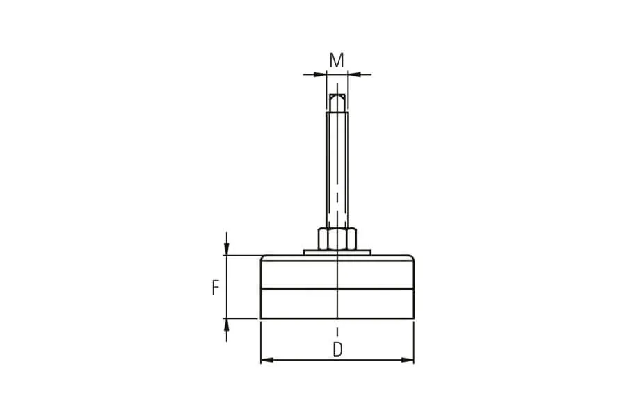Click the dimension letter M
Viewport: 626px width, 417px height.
337,60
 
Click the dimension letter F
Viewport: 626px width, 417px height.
216,288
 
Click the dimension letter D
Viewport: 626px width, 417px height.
337,350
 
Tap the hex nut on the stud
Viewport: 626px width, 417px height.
337,238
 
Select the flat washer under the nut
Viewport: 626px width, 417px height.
337,252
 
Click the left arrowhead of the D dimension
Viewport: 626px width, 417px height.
266,360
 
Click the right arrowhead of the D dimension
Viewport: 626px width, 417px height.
408,360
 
